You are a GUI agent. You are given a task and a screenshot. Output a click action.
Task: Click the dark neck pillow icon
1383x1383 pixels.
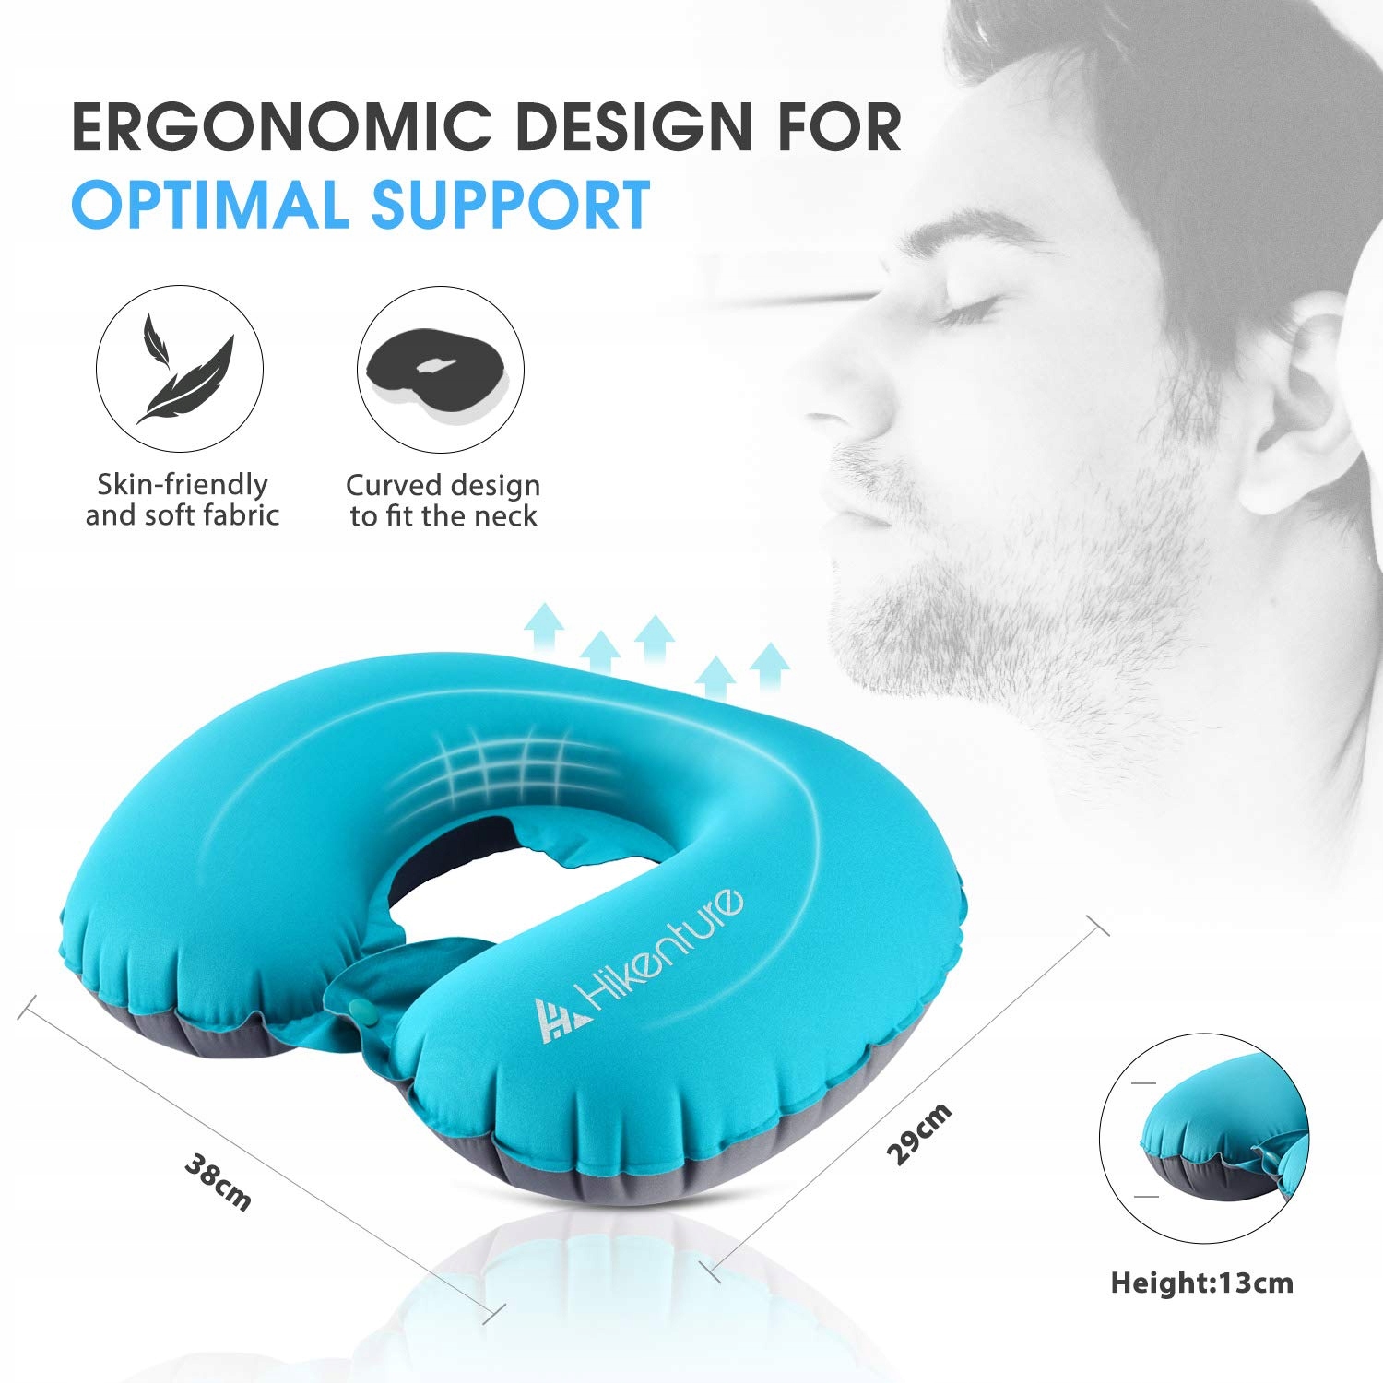pyautogui.click(x=441, y=370)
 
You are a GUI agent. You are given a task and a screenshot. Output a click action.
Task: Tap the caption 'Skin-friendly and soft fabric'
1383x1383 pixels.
pyautogui.click(x=182, y=500)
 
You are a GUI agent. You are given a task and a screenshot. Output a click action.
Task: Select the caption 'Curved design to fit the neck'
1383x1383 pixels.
pyautogui.click(x=443, y=500)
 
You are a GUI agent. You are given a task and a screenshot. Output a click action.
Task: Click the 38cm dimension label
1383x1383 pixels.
pyautogui.click(x=218, y=1181)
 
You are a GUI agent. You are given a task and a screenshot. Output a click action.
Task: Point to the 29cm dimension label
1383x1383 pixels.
pyautogui.click(x=918, y=1134)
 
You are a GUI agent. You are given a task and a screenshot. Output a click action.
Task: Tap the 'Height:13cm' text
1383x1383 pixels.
pyautogui.click(x=1201, y=1283)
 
